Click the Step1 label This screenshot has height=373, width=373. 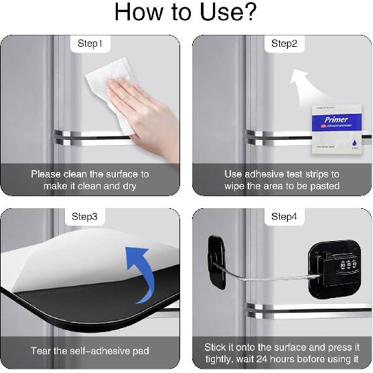coord(90,44)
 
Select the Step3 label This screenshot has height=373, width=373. coord(90,217)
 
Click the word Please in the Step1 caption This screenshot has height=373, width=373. coord(48,174)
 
